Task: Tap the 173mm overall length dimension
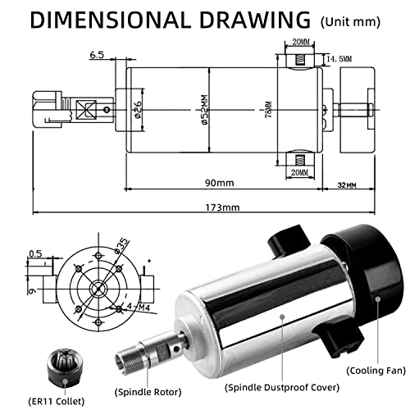(222, 207)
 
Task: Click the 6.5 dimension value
(96, 55)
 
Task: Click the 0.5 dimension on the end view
(34, 253)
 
